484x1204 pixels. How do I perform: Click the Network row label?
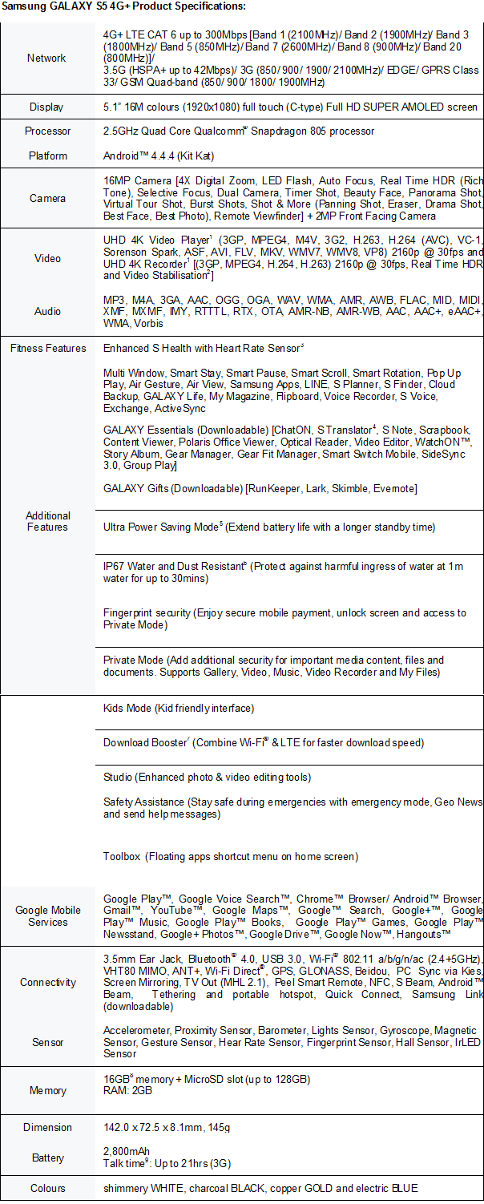pyautogui.click(x=46, y=58)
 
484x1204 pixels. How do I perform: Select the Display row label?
pyautogui.click(x=46, y=107)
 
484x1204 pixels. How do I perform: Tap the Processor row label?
pyautogui.click(x=47, y=131)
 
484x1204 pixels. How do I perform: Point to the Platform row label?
pyautogui.click(x=46, y=156)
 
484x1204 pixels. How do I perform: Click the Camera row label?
pyautogui.click(x=47, y=198)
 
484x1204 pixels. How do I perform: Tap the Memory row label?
pyautogui.click(x=47, y=1091)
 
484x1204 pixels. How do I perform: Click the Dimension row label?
pyautogui.click(x=47, y=1127)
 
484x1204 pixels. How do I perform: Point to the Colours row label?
pyautogui.click(x=47, y=1188)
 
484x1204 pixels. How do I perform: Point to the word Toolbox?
pyautogui.click(x=122, y=856)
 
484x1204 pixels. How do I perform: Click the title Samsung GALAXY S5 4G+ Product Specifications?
pyautogui.click(x=123, y=6)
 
